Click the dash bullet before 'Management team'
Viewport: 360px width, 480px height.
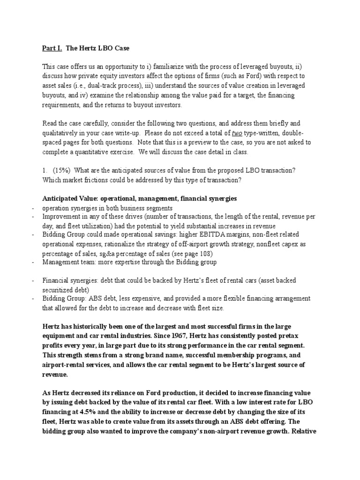[x=33, y=262]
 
